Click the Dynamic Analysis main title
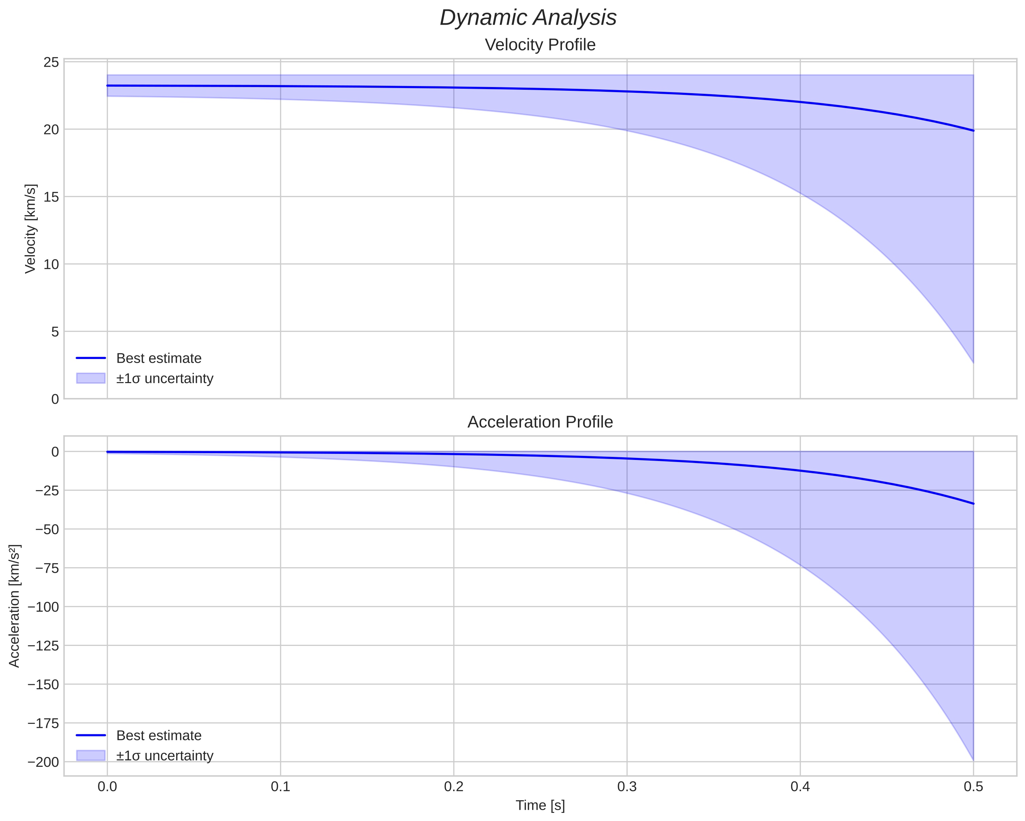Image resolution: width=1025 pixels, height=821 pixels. pos(528,18)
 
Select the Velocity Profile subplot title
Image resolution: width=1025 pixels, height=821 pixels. pos(540,45)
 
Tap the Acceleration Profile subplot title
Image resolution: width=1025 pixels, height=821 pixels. pos(540,422)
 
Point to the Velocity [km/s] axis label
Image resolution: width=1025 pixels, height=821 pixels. pos(31,229)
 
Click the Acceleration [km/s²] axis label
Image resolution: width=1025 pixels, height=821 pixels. pos(15,606)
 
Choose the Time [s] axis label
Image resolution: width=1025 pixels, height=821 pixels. pos(540,805)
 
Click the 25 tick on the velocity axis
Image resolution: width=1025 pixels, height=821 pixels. pos(51,63)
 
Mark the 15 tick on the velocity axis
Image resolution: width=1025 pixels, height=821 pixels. pos(51,197)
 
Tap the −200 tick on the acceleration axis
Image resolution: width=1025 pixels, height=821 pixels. pos(44,762)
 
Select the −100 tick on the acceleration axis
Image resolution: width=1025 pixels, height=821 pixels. pos(44,607)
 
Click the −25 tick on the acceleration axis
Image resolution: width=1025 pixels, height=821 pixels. pos(47,490)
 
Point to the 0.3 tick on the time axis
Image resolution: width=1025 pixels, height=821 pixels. pos(627,787)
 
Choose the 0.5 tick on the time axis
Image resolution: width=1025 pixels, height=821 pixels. pos(973,787)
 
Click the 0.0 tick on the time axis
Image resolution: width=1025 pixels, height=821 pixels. pos(107,787)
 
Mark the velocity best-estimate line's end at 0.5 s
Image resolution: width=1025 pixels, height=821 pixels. pos(973,131)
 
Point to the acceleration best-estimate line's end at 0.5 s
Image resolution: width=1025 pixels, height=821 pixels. pos(973,504)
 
